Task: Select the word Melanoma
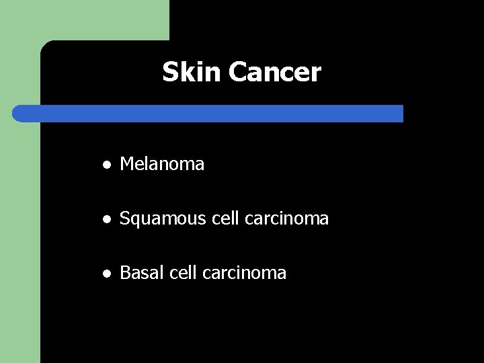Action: [162, 163]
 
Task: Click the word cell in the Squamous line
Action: [212, 218]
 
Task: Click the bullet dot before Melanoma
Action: [106, 164]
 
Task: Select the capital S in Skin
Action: [169, 72]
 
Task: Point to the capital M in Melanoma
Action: [127, 163]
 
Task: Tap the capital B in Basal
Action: [124, 273]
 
